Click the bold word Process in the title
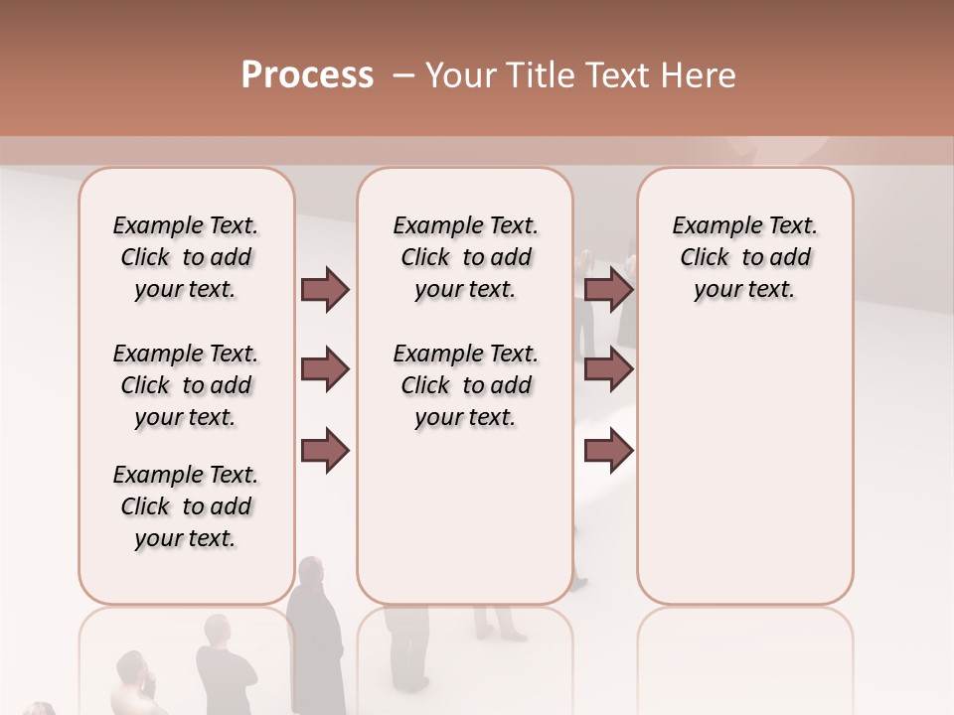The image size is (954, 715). tap(307, 75)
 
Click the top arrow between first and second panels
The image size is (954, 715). tap(325, 289)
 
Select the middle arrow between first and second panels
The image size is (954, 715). tap(325, 370)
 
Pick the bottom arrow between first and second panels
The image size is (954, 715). tap(325, 450)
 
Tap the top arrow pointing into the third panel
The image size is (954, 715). tap(609, 289)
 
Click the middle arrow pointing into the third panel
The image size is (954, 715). tap(609, 370)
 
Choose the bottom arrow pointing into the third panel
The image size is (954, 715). tap(609, 450)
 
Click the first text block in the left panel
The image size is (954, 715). tap(186, 257)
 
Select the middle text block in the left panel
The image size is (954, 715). tap(186, 385)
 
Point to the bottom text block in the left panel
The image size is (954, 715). tap(186, 506)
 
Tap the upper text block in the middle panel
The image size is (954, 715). tap(465, 257)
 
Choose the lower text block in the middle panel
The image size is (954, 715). tap(465, 385)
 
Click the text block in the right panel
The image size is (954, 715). tap(745, 257)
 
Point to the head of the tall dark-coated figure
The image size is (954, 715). tap(310, 573)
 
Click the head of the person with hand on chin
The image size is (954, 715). tap(131, 666)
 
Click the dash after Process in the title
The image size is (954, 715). tap(401, 75)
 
